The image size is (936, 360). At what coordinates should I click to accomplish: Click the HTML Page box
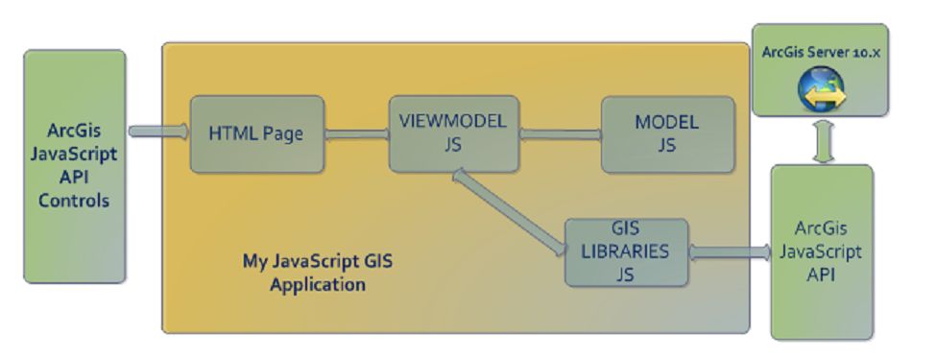[256, 133]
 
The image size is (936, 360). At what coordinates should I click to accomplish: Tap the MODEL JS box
[666, 133]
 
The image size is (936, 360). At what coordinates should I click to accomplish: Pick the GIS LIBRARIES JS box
[627, 252]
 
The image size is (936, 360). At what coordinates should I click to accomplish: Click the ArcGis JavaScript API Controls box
[74, 166]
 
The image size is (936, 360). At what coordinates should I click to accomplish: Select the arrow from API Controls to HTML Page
[158, 131]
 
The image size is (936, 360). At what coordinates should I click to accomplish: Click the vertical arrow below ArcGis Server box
[822, 140]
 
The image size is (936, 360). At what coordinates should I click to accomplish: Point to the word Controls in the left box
[74, 201]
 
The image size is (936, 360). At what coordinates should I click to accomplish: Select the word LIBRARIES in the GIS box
[627, 252]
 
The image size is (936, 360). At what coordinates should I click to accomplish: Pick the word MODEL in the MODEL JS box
[666, 123]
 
